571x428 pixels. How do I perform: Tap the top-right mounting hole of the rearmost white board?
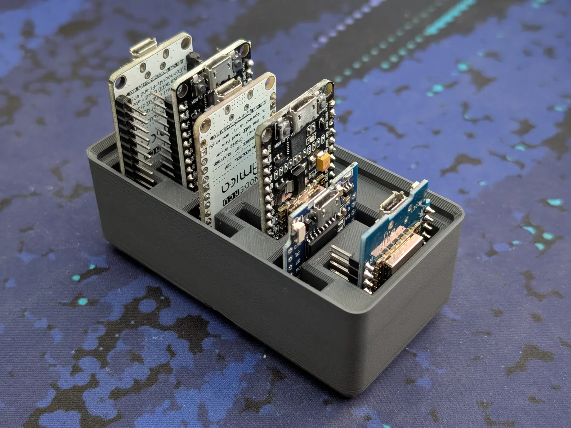coord(185,41)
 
